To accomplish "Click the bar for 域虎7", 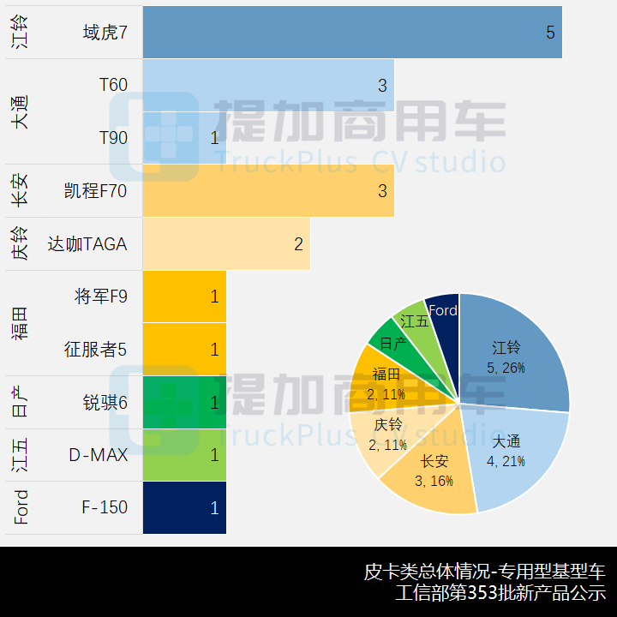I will pos(351,33).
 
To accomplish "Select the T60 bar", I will pos(267,85).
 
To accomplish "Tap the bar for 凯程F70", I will pos(267,190).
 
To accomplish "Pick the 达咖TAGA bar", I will pos(225,243).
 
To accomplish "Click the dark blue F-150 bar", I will pos(184,507).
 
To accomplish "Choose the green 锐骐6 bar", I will pos(184,402).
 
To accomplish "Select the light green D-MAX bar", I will pos(184,455).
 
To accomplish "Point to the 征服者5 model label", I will pos(95,350).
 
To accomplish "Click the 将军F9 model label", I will pos(100,297).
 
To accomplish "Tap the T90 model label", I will pos(113,137).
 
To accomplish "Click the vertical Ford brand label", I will pos(21,507).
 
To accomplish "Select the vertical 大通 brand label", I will pos(21,111).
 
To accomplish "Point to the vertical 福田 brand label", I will pos(21,323).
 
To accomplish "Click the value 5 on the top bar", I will pos(550,33).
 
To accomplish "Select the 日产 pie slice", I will pos(392,343).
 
